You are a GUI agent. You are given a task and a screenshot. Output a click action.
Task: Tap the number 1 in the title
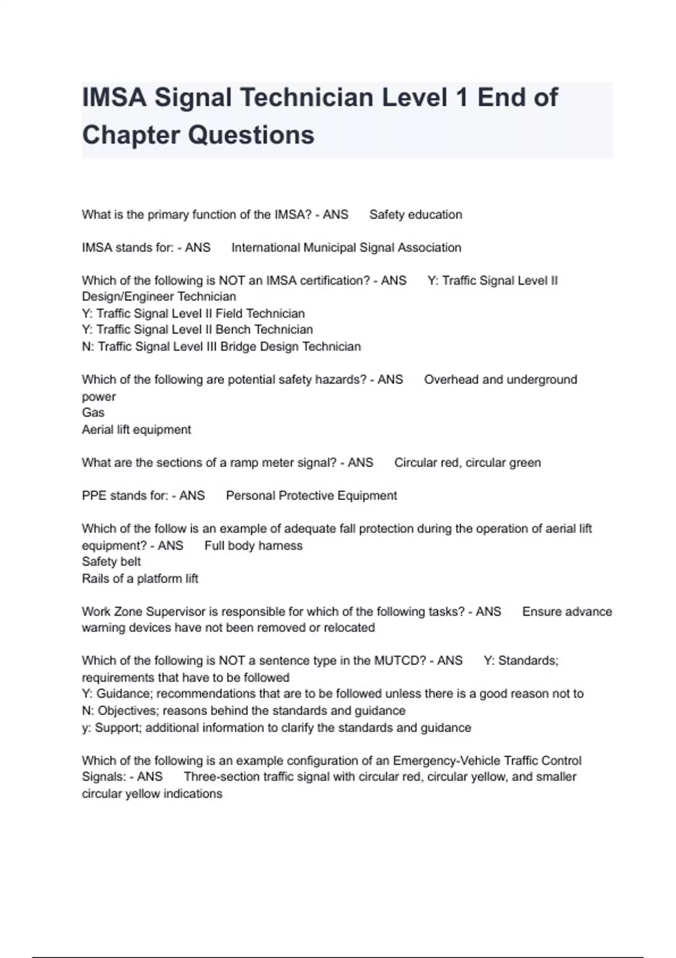462,97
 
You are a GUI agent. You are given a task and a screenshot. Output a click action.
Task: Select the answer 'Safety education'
416,215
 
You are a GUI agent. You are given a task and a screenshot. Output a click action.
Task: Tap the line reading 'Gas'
93,413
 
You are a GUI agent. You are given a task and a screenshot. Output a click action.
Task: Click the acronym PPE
94,496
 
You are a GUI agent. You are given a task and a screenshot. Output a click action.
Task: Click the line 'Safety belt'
111,562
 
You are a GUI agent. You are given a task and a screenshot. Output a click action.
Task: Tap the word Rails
95,579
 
